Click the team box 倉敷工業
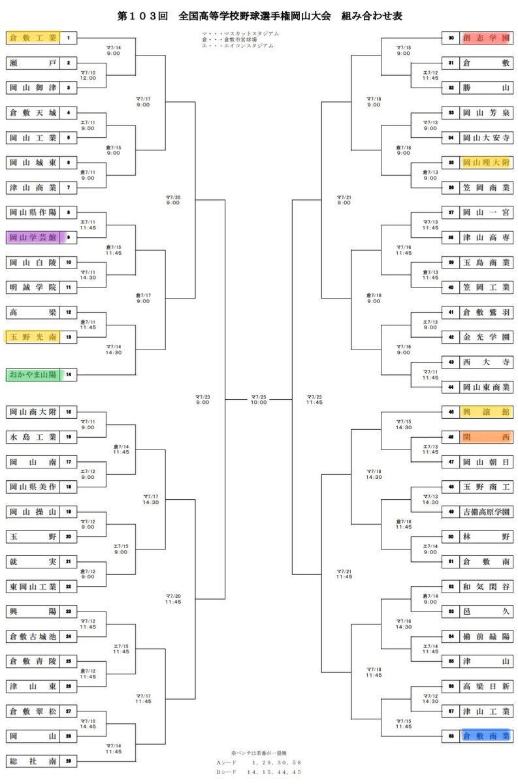33,39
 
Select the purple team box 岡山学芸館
33,238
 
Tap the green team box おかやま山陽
33,374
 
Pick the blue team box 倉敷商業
485,736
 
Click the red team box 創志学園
485,39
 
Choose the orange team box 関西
485,437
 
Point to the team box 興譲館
485,412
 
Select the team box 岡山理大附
485,163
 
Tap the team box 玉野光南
33,337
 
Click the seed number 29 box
68,760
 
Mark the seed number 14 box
68,374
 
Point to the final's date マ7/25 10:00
259,399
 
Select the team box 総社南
33,760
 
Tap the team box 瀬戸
33,63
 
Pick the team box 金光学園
485,337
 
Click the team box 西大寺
485,362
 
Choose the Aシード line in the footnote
259,762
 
